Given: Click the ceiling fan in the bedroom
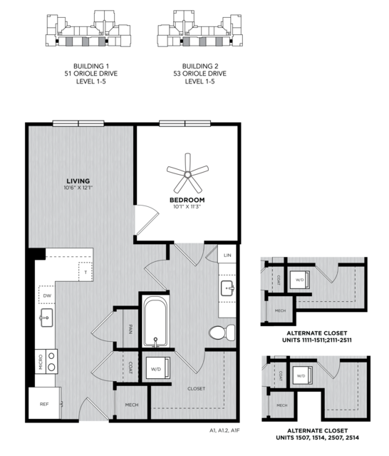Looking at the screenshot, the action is (187, 174).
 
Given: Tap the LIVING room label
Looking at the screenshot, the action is (78, 181).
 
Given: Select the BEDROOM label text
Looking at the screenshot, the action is (187, 200).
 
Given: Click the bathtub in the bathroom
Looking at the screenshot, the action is (155, 321).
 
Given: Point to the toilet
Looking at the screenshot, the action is (222, 333).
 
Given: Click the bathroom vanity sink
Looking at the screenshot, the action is (227, 288).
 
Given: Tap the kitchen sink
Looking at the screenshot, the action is (46, 318).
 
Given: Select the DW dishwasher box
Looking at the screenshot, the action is (47, 295).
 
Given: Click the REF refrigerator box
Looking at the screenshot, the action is (44, 404).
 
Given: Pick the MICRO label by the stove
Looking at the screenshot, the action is (41, 362).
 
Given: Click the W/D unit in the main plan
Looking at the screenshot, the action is (157, 368).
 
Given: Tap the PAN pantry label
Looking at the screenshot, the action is (130, 329).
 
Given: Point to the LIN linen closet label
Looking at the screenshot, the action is (227, 255).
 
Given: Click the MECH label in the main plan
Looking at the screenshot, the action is (132, 405).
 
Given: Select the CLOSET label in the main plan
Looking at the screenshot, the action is (196, 388).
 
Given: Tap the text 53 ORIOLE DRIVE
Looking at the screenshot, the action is (199, 74).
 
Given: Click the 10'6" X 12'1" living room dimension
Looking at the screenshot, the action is (78, 188).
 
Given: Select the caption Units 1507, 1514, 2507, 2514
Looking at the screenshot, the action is (317, 437).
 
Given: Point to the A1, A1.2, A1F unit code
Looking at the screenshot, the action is (224, 430).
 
